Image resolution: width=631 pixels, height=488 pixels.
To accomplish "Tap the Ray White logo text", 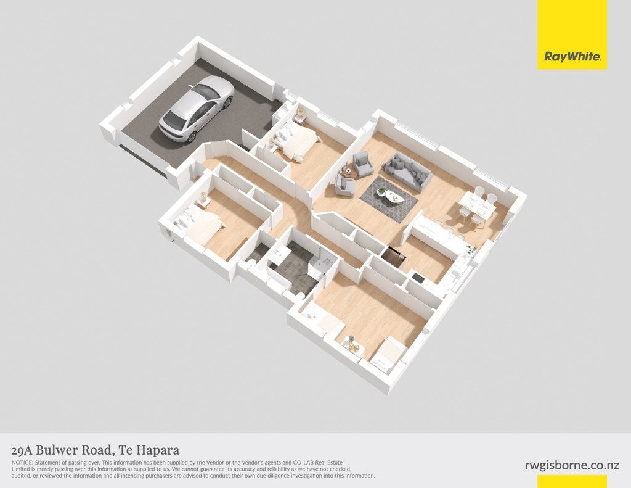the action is coord(572,56).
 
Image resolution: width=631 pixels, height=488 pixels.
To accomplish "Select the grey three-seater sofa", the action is coord(407,172).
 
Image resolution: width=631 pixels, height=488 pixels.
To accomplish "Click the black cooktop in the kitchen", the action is coord(417,278).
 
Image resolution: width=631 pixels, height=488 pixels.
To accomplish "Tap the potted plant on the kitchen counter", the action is coord(470,250).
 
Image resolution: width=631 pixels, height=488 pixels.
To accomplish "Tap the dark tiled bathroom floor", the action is coord(295,267).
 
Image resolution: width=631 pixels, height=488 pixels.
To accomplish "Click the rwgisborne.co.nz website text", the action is coord(572,465).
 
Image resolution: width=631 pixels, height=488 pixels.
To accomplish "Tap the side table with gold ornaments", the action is coord(351,344).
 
